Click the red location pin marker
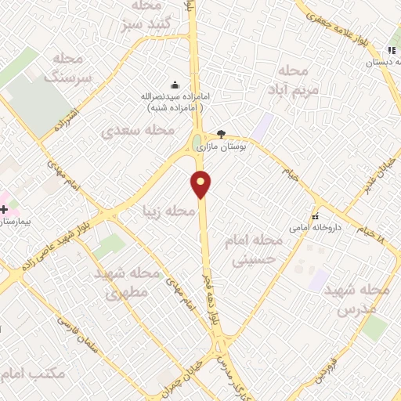pos(202,185)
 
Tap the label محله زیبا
pos(168,211)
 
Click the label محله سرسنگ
pos(69,67)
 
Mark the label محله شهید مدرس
pos(363,299)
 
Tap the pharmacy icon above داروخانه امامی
pos(315,216)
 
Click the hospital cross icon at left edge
pos(5,210)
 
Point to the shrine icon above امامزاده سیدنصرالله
pos(174,85)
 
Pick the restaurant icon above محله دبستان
pos(392,51)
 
